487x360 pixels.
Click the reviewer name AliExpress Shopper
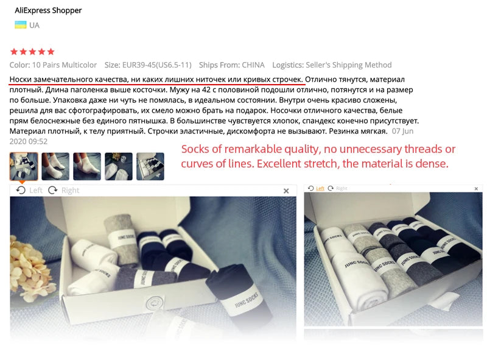point(48,10)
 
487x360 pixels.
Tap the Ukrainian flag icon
point(20,25)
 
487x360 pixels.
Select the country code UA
point(35,26)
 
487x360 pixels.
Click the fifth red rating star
point(51,52)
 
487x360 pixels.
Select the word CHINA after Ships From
point(253,65)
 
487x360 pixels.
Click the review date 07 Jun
point(403,131)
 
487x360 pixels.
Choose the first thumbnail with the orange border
point(24,166)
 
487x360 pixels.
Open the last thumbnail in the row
point(150,166)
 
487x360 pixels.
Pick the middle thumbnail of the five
point(87,166)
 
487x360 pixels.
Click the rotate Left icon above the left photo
point(21,190)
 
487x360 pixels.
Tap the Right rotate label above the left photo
point(70,190)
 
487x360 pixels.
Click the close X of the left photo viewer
point(286,191)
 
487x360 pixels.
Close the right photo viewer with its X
point(477,188)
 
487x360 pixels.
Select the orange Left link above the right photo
point(320,188)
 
